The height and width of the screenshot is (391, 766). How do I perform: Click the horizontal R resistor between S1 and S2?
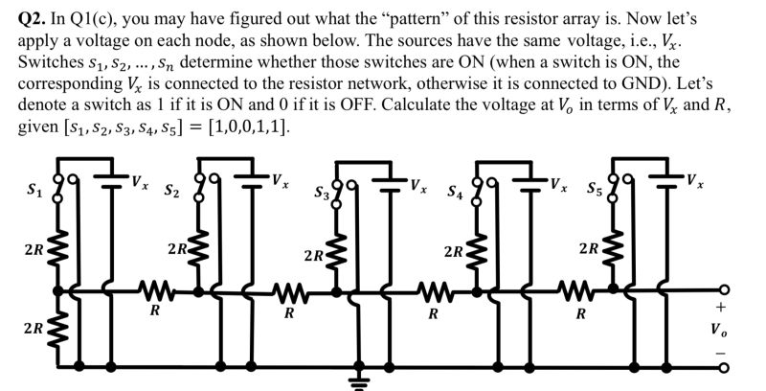pos(153,289)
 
